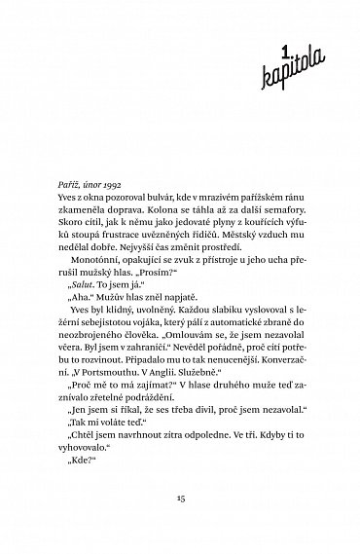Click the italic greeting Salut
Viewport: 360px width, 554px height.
88,314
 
